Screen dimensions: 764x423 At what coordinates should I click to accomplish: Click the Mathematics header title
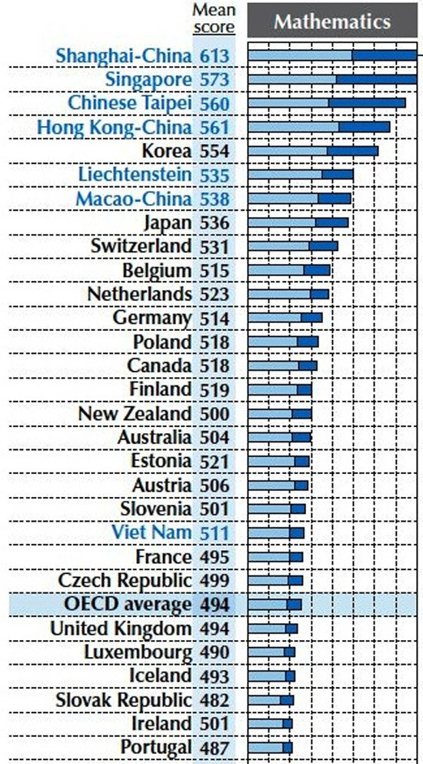pyautogui.click(x=332, y=22)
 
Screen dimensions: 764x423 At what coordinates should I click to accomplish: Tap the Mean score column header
pyautogui.click(x=214, y=18)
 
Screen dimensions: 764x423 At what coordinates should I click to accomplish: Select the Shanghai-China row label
pyautogui.click(x=125, y=55)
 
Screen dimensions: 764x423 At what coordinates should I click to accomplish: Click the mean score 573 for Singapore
pyautogui.click(x=214, y=79)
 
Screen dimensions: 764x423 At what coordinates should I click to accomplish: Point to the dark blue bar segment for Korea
pyautogui.click(x=353, y=151)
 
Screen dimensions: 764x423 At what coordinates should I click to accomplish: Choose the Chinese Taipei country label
pyautogui.click(x=129, y=103)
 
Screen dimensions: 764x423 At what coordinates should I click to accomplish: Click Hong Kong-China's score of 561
pyautogui.click(x=214, y=127)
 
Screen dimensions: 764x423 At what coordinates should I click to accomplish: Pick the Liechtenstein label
pyautogui.click(x=136, y=175)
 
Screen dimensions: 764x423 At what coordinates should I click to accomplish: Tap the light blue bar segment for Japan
pyautogui.click(x=281, y=222)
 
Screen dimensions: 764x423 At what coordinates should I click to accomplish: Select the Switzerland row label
pyautogui.click(x=141, y=246)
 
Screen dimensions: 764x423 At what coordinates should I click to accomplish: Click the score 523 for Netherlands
pyautogui.click(x=214, y=294)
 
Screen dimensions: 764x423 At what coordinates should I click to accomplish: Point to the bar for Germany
pyautogui.click(x=285, y=318)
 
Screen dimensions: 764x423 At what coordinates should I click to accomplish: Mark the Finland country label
pyautogui.click(x=160, y=389)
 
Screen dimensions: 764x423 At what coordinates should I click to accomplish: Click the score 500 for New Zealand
pyautogui.click(x=214, y=413)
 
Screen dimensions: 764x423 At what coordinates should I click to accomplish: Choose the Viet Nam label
pyautogui.click(x=151, y=532)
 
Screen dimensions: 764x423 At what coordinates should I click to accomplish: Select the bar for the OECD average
pyautogui.click(x=275, y=604)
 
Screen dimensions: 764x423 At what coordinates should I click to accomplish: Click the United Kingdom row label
pyautogui.click(x=121, y=628)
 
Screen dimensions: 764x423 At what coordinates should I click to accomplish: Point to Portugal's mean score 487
pyautogui.click(x=214, y=747)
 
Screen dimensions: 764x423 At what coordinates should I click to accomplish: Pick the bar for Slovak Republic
pyautogui.click(x=271, y=699)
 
